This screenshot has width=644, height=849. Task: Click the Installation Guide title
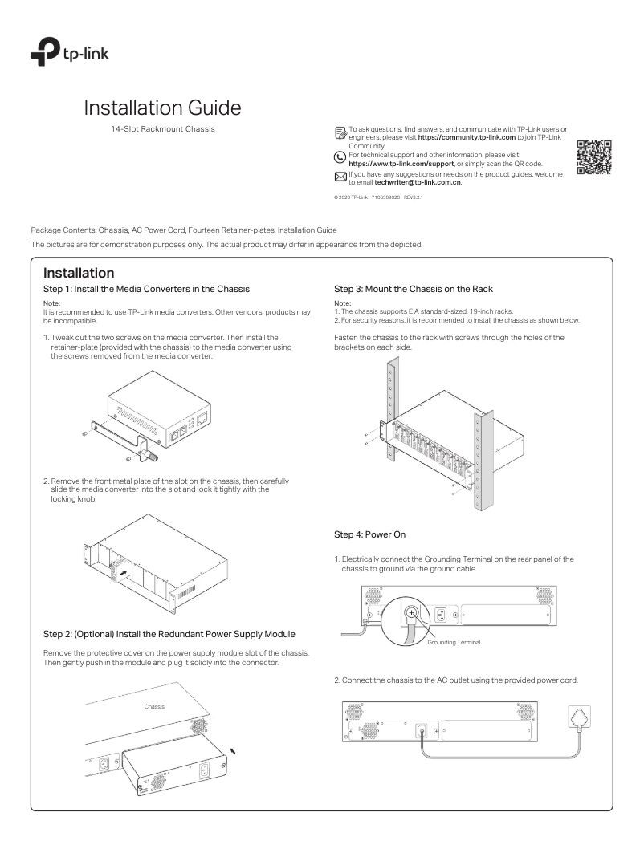[x=162, y=107]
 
